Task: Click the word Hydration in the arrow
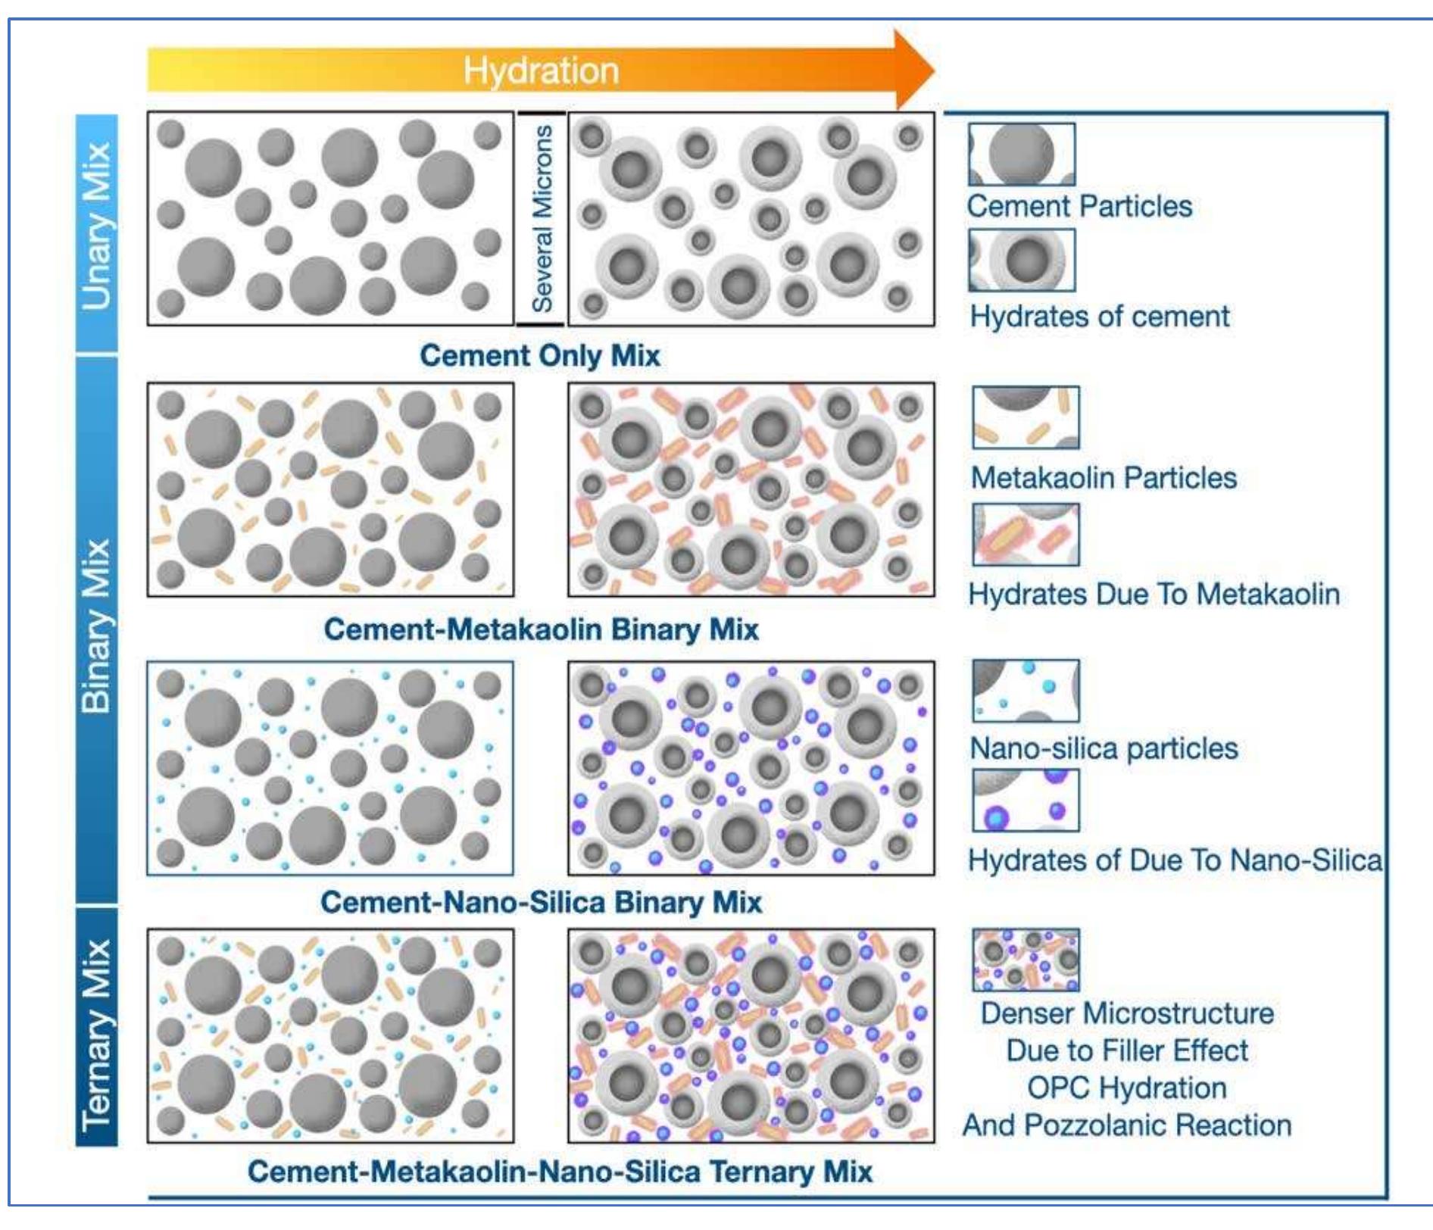pyautogui.click(x=541, y=70)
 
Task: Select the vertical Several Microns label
pyautogui.click(x=542, y=219)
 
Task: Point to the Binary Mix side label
pyautogui.click(x=97, y=626)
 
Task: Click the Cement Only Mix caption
pyautogui.click(x=540, y=355)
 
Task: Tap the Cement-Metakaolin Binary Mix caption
pyautogui.click(x=541, y=629)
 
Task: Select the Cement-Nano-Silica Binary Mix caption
pyautogui.click(x=541, y=901)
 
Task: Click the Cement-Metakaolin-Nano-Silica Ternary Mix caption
pyautogui.click(x=560, y=1171)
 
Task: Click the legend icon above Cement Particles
pyautogui.click(x=1021, y=155)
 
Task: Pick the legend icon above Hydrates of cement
pyautogui.click(x=1021, y=260)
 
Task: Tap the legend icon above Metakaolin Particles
pyautogui.click(x=1026, y=418)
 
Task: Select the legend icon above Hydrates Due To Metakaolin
pyautogui.click(x=1026, y=535)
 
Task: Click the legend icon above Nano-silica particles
pyautogui.click(x=1026, y=690)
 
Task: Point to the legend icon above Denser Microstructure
pyautogui.click(x=1026, y=960)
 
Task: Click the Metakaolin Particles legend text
pyautogui.click(x=1104, y=477)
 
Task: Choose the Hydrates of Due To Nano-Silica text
pyautogui.click(x=1175, y=860)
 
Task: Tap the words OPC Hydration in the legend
pyautogui.click(x=1126, y=1088)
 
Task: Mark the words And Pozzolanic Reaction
pyautogui.click(x=1126, y=1125)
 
